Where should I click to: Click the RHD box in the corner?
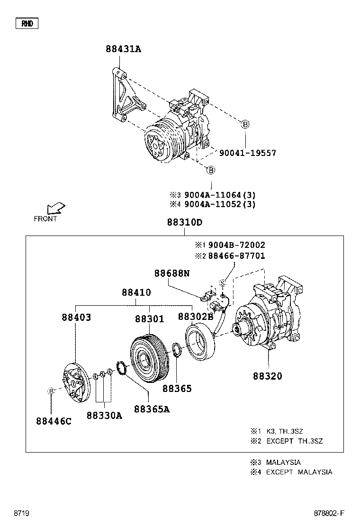pos(27,23)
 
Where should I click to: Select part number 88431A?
pos(123,49)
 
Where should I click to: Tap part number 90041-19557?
pos(247,153)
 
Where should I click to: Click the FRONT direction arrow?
pos(55,209)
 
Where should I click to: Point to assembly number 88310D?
pos(184,223)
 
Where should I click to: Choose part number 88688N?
pos(171,273)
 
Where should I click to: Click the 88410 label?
pos(136,293)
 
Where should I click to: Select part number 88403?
pos(76,318)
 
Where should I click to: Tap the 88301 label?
pos(149,319)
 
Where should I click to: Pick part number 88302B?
pos(196,317)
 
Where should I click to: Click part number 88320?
pos(267,376)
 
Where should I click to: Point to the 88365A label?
pos(152,409)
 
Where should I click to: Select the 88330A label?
pos(104,416)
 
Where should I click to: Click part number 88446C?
pos(54,421)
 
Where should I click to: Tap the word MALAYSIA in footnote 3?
pos(283,462)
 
